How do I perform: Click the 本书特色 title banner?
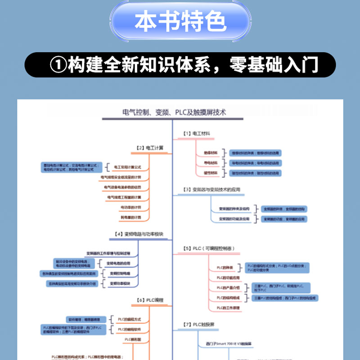click(180, 21)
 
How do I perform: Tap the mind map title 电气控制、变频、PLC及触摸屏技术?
click(174, 112)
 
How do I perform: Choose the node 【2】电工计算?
click(150, 147)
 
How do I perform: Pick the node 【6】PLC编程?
click(150, 300)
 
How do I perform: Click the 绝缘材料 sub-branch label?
click(211, 153)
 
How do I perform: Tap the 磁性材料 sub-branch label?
click(211, 173)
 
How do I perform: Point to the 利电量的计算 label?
click(130, 217)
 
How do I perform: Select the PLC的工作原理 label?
click(228, 308)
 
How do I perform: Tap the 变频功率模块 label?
click(120, 283)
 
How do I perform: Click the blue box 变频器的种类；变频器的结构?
click(284, 209)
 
